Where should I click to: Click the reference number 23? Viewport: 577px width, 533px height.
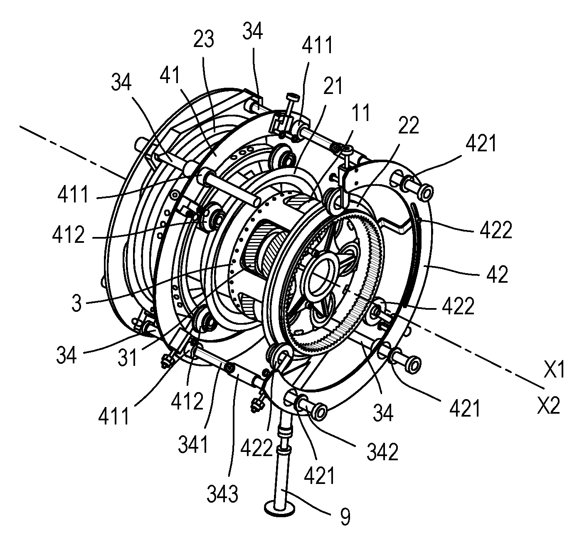click(x=204, y=39)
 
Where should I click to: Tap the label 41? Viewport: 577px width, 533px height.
click(x=170, y=75)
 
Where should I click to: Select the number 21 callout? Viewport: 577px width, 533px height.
click(x=333, y=86)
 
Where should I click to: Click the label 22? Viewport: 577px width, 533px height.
click(x=409, y=125)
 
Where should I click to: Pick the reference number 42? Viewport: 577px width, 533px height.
click(x=497, y=274)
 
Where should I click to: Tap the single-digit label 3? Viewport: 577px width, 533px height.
click(x=77, y=303)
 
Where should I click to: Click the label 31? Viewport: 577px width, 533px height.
click(x=127, y=357)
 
